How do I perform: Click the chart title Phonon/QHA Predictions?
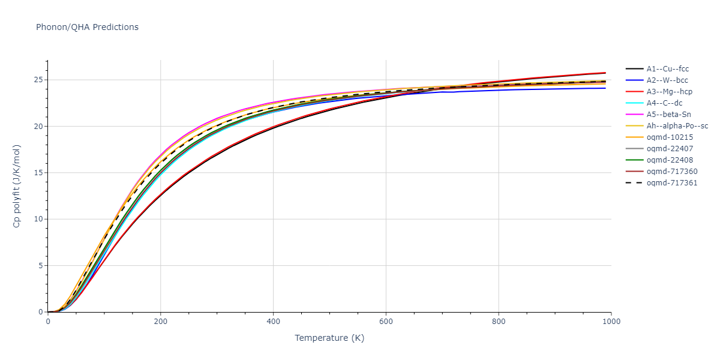tap(87, 27)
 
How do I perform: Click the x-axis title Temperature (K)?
tap(329, 338)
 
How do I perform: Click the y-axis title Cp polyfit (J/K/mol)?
tap(17, 186)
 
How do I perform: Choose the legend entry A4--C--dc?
tap(667, 103)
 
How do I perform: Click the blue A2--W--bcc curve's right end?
tap(605, 88)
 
